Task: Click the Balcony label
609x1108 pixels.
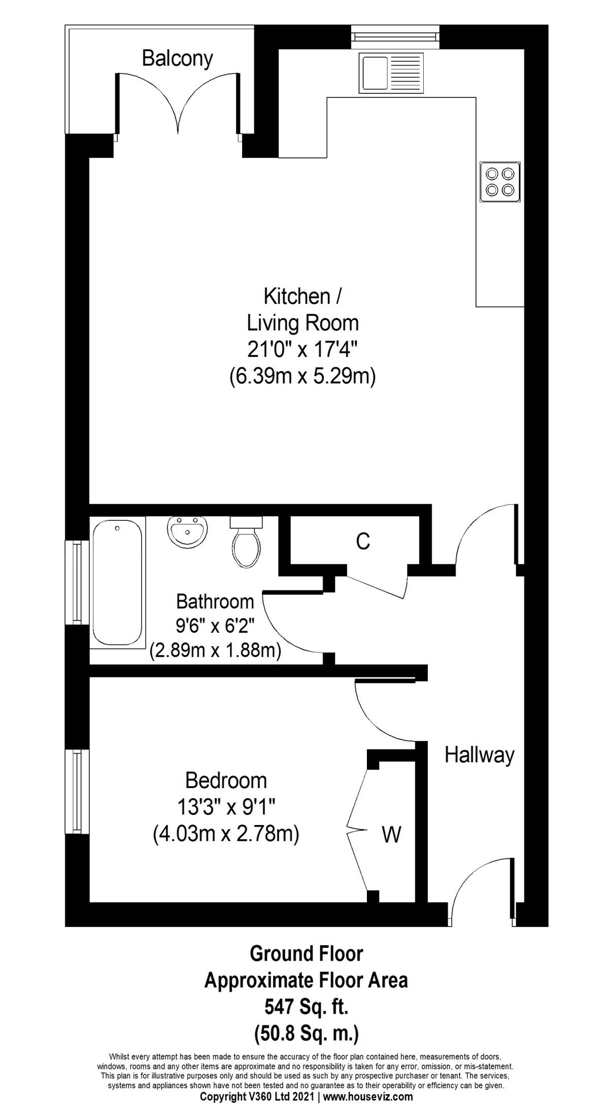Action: (x=177, y=59)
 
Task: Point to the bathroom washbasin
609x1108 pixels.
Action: (x=187, y=532)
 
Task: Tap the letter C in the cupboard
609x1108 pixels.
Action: (x=363, y=542)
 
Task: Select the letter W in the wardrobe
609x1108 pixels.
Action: (x=391, y=834)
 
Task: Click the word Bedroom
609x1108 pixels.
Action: (x=226, y=780)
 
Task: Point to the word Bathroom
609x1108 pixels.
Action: (x=215, y=601)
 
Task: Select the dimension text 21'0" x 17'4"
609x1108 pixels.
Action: (x=302, y=349)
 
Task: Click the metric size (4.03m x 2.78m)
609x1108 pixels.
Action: (x=226, y=834)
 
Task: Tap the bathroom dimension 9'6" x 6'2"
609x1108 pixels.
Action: (x=215, y=626)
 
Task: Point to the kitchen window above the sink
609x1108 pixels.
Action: (x=394, y=36)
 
